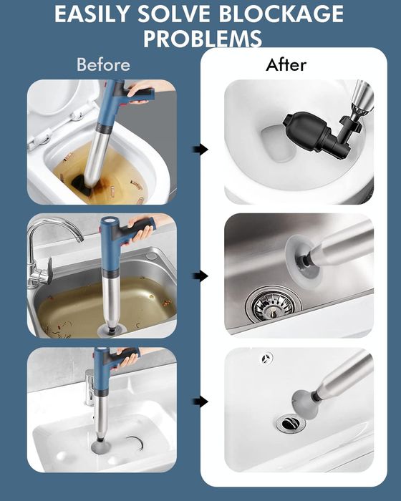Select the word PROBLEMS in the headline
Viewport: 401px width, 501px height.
point(203,39)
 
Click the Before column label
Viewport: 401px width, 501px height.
point(103,64)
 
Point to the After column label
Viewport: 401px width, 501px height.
point(286,65)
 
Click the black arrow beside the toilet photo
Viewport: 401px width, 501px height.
point(200,149)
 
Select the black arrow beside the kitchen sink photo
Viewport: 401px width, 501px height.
point(200,276)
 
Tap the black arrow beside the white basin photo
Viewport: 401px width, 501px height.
point(200,402)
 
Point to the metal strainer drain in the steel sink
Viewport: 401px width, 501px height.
point(274,305)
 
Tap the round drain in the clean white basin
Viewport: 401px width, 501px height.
point(291,424)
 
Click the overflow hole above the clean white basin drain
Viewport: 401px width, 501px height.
point(266,358)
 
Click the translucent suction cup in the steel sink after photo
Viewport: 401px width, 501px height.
point(302,259)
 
